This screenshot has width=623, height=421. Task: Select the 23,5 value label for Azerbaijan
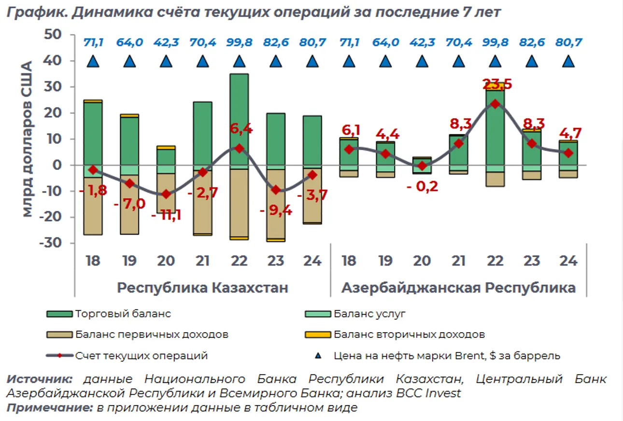tap(495, 85)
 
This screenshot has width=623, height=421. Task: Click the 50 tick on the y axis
tap(53, 35)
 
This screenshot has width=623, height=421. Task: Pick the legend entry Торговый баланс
tap(123, 314)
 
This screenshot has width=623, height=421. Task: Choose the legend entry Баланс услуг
tap(369, 314)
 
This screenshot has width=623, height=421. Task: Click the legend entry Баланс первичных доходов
tap(151, 335)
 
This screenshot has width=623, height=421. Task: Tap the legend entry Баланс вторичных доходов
tap(409, 335)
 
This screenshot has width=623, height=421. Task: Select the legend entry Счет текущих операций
tap(141, 356)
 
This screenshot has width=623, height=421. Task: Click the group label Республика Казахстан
tap(203, 288)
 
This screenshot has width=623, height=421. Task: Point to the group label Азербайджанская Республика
tap(458, 288)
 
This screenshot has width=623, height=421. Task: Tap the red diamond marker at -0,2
tap(422, 166)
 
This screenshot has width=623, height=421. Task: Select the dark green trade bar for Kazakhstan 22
tap(239, 121)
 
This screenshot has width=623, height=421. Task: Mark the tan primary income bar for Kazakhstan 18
tap(93, 205)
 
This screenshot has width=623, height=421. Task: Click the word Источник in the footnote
tap(40, 379)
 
